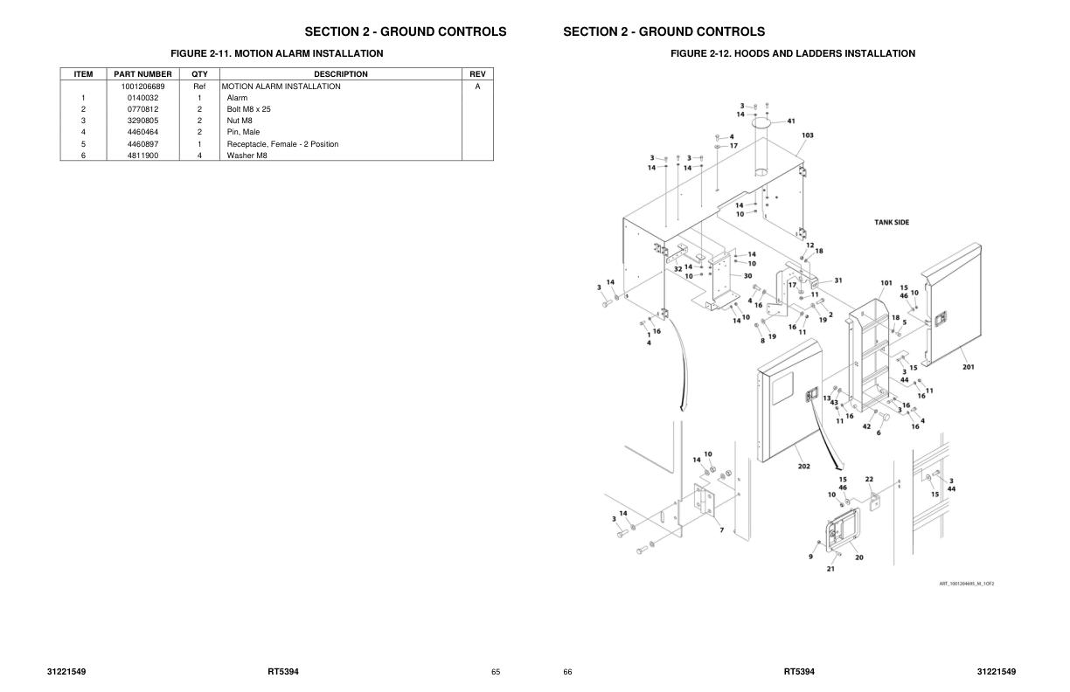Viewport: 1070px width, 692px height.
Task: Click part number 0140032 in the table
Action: (142, 98)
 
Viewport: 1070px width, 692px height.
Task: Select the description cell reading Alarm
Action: (237, 98)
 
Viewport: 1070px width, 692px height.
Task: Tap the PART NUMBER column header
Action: (142, 74)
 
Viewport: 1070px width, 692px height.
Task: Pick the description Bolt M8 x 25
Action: (248, 109)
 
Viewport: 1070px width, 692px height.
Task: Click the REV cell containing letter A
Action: (477, 86)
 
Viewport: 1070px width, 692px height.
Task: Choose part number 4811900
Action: (142, 156)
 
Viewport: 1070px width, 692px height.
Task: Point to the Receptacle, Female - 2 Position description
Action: (282, 144)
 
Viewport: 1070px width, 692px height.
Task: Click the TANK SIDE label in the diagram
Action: (892, 222)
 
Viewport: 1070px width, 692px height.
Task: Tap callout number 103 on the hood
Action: (808, 135)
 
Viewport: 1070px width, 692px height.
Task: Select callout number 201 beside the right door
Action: (968, 367)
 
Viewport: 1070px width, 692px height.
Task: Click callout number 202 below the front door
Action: (803, 466)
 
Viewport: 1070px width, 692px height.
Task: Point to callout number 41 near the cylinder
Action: (790, 121)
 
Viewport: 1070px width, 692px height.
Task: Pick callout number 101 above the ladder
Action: (886, 283)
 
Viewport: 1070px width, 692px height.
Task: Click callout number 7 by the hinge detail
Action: (721, 529)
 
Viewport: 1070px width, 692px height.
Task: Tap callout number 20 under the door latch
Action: (858, 557)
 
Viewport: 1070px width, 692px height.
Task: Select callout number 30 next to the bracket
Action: (747, 275)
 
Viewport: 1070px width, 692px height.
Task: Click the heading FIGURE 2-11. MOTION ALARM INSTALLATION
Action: (276, 53)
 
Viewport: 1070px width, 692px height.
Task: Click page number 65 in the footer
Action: (496, 672)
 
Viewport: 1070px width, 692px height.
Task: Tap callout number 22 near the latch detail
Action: (869, 479)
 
